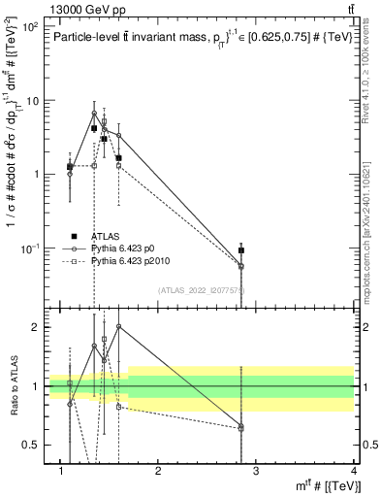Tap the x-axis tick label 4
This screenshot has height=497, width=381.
353,470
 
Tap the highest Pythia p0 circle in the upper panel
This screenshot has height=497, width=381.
94,113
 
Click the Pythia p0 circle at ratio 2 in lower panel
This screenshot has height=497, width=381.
118,326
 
